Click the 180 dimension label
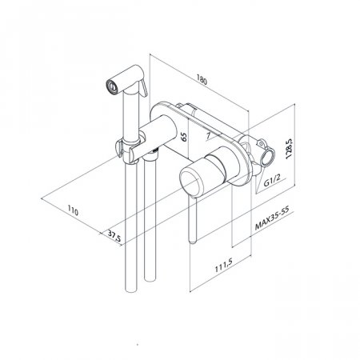[202, 79]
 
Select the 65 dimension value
[184, 137]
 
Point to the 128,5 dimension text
[289, 149]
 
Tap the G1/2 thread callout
[272, 181]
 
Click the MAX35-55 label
[272, 218]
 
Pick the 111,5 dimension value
[224, 266]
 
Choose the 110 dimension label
[73, 210]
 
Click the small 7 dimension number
[209, 135]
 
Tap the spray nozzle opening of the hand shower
[112, 86]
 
